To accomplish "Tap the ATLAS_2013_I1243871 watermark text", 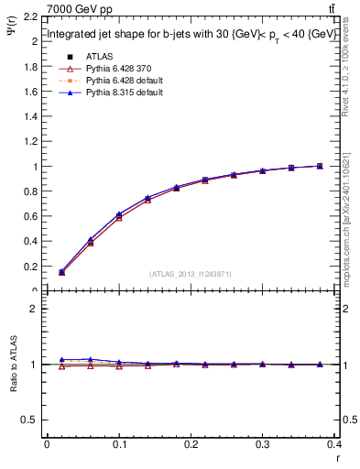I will (x=191, y=274).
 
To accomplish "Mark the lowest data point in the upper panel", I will (x=62, y=272).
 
